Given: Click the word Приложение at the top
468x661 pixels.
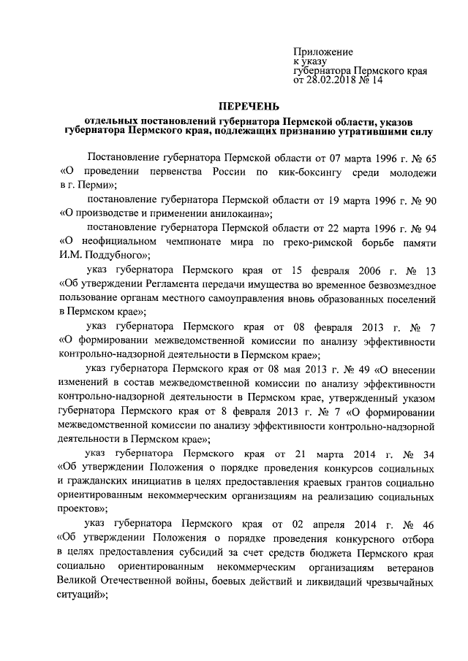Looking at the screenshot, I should [x=322, y=52].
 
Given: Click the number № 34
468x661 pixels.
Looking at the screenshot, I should [x=422, y=454].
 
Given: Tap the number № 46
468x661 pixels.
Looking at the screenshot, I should [x=422, y=524].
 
